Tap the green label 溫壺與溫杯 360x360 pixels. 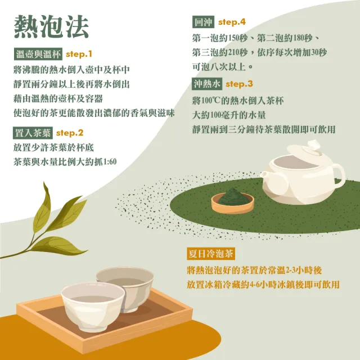(37, 55)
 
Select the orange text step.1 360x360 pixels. (79, 55)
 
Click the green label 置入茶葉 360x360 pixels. (32, 133)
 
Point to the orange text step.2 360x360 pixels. (70, 133)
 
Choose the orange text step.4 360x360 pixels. (232, 22)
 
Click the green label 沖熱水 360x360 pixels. (207, 84)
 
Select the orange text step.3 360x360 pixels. (239, 84)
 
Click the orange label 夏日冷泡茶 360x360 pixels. (210, 253)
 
